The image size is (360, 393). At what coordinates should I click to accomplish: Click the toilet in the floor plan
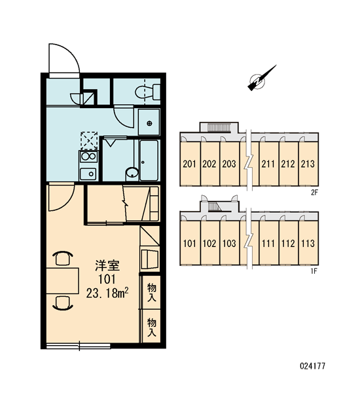[x=148, y=92]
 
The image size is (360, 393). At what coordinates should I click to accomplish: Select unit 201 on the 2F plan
[x=190, y=164]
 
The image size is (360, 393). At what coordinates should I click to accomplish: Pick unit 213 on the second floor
[x=308, y=164]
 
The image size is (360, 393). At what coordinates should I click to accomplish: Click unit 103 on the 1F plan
[x=229, y=243]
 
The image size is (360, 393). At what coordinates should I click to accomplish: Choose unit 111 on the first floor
[x=268, y=243]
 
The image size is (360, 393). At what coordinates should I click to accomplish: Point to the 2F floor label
[x=314, y=193]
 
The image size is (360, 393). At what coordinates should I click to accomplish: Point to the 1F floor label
[x=314, y=271]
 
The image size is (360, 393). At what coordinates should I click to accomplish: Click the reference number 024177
[x=312, y=366]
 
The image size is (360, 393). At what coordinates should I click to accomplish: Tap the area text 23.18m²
[x=107, y=293]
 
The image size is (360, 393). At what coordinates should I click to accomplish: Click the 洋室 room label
[x=107, y=266]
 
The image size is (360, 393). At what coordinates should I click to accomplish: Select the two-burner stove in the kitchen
[x=88, y=157]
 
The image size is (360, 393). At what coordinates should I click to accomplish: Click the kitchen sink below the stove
[x=88, y=174]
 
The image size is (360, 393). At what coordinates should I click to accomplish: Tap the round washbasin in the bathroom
[x=132, y=173]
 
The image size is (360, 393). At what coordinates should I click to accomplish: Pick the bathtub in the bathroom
[x=149, y=160]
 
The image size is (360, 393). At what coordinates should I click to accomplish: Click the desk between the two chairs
[x=63, y=280]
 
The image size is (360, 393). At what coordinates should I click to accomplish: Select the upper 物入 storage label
[x=152, y=292]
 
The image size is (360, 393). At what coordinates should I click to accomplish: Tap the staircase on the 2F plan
[x=219, y=127]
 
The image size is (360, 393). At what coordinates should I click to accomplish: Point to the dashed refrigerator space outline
[x=89, y=141]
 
